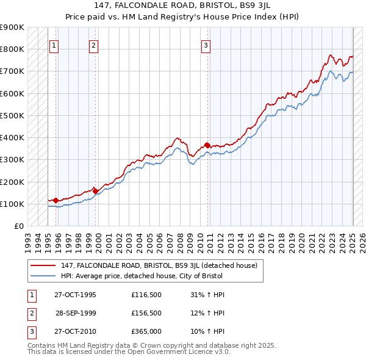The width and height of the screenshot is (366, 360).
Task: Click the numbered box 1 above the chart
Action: pyautogui.click(x=54, y=45)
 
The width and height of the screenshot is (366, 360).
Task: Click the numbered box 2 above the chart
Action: pyautogui.click(x=93, y=45)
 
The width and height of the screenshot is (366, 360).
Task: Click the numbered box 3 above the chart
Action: pyautogui.click(x=206, y=45)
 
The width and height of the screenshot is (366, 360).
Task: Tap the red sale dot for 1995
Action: pyautogui.click(x=56, y=200)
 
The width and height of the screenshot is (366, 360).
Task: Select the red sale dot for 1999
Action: pyautogui.click(x=95, y=191)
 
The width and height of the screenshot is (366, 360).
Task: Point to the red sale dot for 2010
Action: pyautogui.click(x=207, y=145)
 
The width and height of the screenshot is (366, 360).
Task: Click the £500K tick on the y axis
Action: pyautogui.click(x=13, y=115)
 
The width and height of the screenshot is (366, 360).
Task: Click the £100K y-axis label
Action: pyautogui.click(x=13, y=204)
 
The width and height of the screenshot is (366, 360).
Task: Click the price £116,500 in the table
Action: pyautogui.click(x=146, y=295)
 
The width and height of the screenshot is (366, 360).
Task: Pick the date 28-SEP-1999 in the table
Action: pyautogui.click(x=76, y=313)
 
